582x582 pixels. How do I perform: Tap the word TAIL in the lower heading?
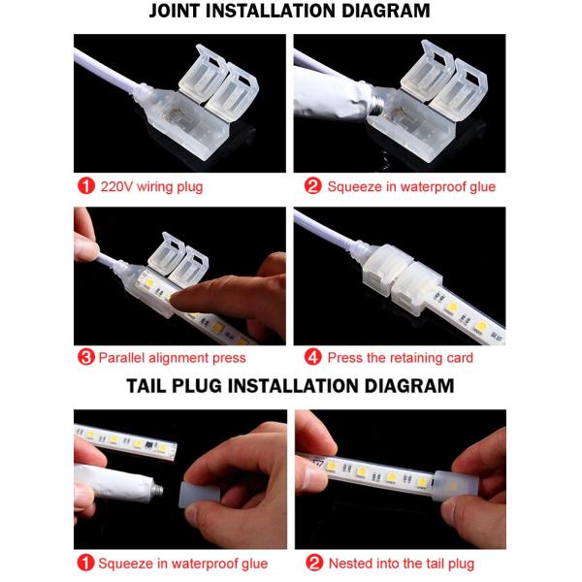(153, 385)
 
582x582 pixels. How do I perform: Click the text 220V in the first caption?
(115, 186)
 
